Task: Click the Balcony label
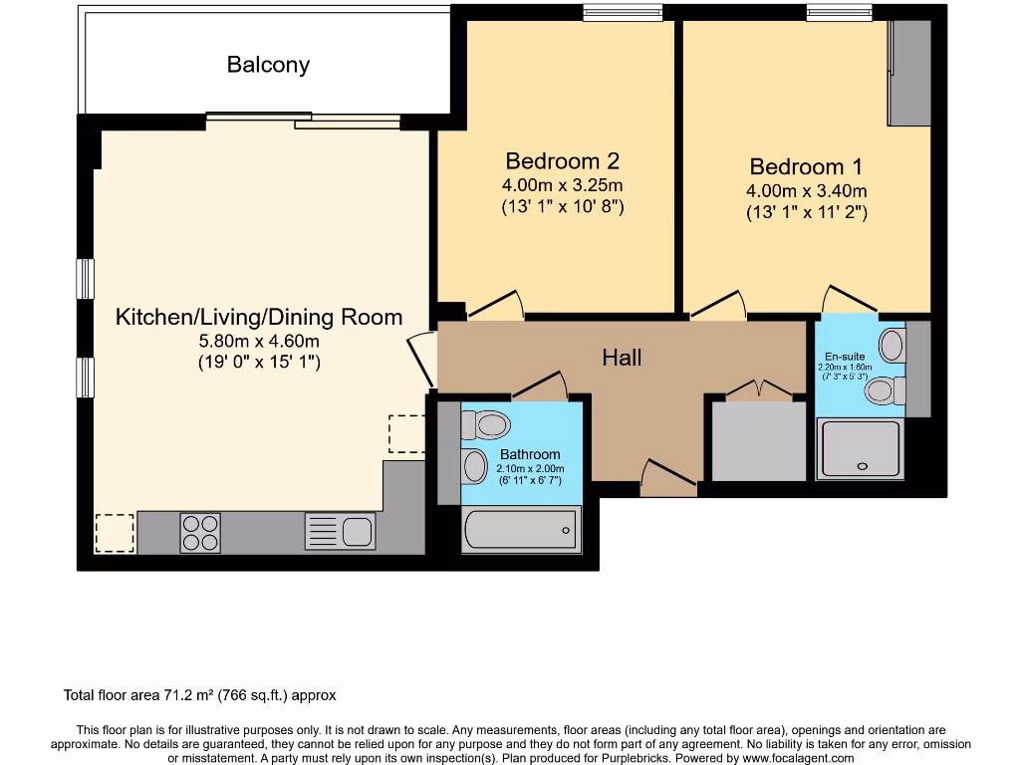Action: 268,65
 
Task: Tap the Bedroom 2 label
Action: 562,160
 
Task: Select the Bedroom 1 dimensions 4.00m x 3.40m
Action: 806,190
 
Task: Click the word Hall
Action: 622,358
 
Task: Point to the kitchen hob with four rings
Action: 200,533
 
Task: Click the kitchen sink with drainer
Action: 341,532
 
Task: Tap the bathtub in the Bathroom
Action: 521,530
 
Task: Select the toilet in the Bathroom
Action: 485,425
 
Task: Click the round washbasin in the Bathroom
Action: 475,466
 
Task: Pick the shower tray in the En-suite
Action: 861,449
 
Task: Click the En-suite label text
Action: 845,357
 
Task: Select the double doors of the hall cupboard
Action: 759,388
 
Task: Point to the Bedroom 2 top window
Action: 623,12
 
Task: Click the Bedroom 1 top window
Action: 839,12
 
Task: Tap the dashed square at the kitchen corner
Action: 115,534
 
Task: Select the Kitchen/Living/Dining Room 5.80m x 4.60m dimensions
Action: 259,341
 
